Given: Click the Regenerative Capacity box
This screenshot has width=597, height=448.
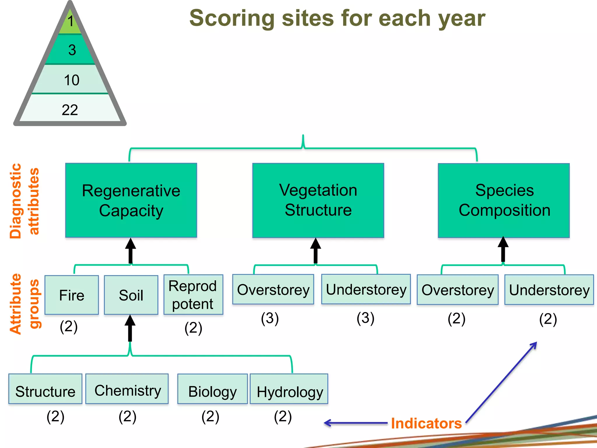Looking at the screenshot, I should point(131,200).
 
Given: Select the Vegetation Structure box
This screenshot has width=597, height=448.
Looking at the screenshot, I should point(318,200).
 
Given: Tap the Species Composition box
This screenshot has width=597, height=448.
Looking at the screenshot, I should point(504,200).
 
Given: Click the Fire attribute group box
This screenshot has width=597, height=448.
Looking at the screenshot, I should point(72,295).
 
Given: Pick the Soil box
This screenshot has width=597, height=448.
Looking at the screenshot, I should point(131,295).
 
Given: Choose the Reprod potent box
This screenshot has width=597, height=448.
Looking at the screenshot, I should point(193,295).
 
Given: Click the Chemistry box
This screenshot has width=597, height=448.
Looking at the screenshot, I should point(127,389).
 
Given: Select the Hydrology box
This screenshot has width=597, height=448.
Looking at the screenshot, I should point(289,389).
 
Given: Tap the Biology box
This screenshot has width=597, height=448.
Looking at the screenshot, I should point(213,389).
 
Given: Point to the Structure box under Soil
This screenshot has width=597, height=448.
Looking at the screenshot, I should point(45,389).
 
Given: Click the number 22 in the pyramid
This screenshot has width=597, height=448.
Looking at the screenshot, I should point(70,110).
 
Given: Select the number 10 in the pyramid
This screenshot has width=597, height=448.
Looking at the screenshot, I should point(71,80).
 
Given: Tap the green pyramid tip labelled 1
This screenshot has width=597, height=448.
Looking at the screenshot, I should point(70,22).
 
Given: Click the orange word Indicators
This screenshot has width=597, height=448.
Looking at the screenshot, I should point(426,423).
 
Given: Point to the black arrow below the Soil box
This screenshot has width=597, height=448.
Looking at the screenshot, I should point(130,328).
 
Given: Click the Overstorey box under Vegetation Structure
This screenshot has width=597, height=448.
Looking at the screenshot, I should point(273,289).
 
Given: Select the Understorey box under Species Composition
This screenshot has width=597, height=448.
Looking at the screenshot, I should point(549,290).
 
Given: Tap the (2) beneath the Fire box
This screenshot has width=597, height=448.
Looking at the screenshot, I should point(69,326).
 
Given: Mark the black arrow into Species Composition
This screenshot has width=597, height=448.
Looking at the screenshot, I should point(503,249).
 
